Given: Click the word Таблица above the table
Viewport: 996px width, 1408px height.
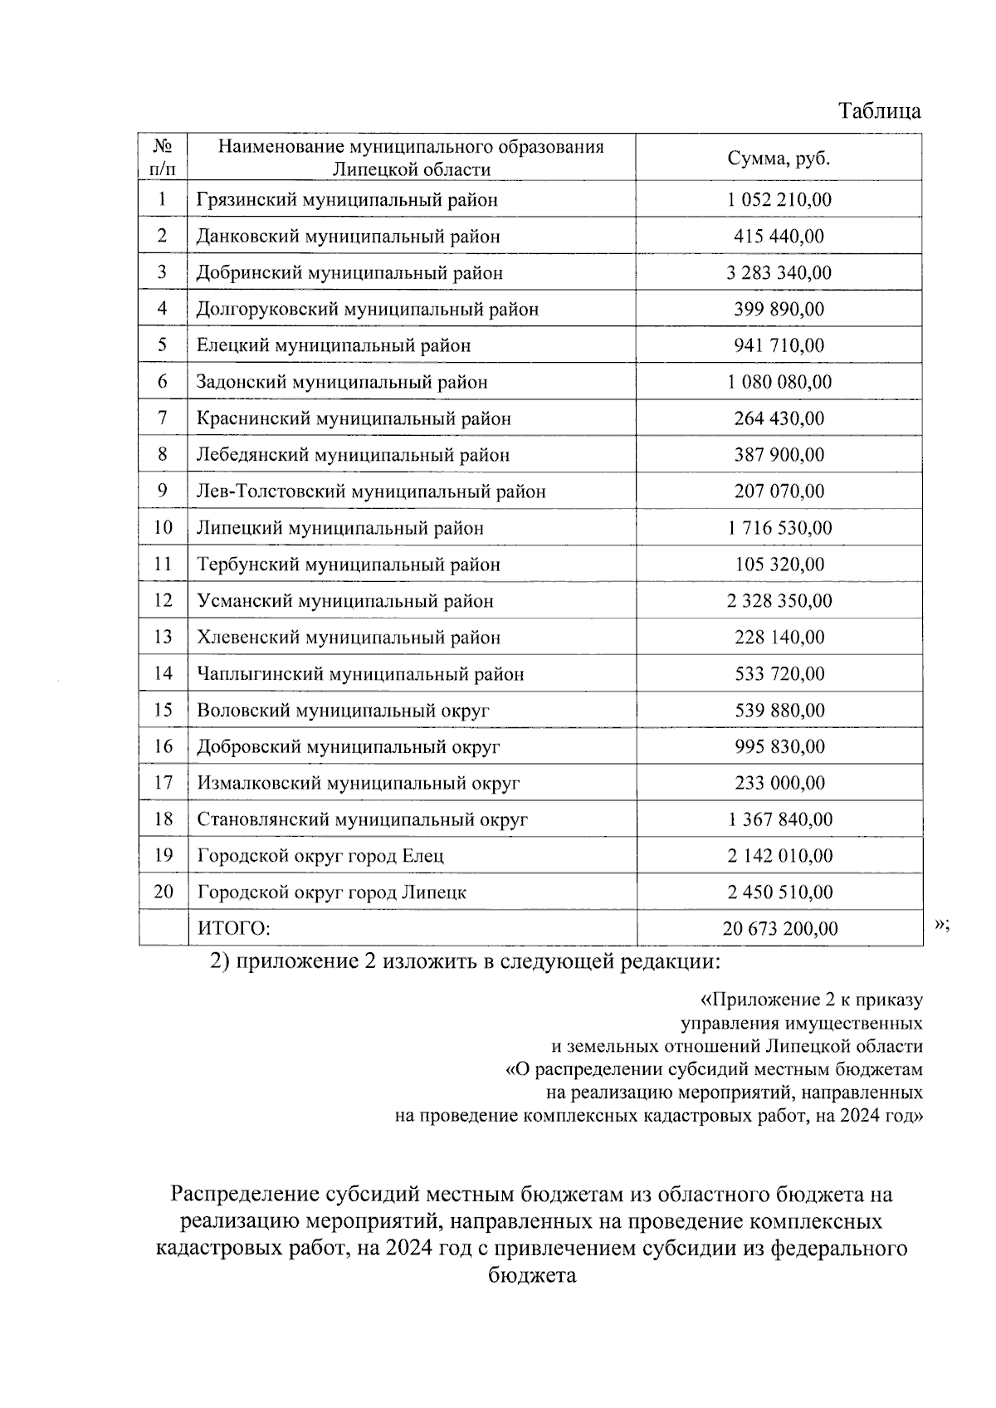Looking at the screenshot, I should [x=879, y=111].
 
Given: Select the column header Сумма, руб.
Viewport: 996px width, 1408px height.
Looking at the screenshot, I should [x=779, y=159].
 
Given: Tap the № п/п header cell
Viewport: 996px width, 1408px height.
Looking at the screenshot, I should [x=163, y=158].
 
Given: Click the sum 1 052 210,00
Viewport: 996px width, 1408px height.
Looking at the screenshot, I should [x=779, y=200].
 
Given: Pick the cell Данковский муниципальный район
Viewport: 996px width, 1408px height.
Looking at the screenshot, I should [x=349, y=237].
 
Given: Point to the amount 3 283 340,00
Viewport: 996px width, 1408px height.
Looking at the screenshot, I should [x=779, y=273].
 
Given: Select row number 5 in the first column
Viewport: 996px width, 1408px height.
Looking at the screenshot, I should [x=163, y=345].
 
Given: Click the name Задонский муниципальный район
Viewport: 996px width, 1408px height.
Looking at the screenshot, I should [x=342, y=383].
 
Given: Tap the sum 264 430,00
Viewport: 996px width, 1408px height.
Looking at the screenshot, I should [x=779, y=418].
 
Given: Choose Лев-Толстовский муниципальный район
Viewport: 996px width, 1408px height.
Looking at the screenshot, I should [x=371, y=491].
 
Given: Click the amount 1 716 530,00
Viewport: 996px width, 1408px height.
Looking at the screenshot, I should [x=779, y=528].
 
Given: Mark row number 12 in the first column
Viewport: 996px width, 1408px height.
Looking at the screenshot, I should [x=163, y=601].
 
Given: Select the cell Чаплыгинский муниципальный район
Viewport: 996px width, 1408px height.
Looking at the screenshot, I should [x=360, y=674].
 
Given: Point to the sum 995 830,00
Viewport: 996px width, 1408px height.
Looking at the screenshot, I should [x=779, y=747].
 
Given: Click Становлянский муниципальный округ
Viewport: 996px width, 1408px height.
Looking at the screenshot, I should [x=362, y=820].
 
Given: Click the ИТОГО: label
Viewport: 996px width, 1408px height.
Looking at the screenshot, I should [x=234, y=929].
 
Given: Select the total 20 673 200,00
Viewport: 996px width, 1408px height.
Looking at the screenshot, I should [x=779, y=929].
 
